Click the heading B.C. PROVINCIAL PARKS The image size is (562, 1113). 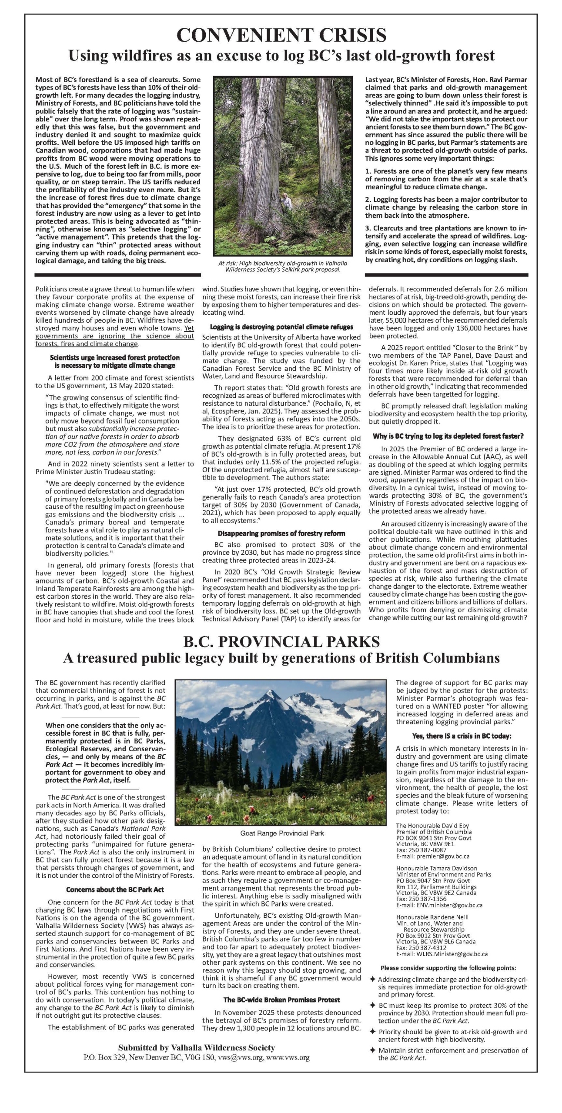pos(281,641)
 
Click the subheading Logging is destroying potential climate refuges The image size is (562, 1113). pos(281,327)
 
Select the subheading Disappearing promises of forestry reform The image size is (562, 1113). pos(281,533)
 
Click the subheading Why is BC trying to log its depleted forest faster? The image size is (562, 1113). pos(448,436)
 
